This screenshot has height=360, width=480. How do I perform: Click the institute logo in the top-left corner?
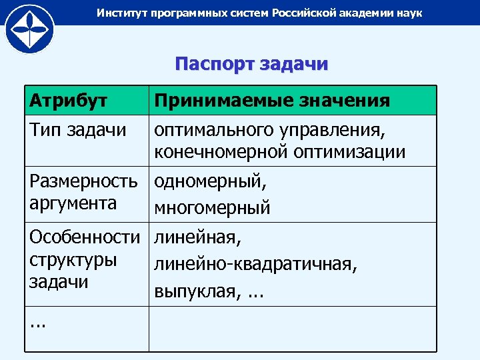(x=28, y=28)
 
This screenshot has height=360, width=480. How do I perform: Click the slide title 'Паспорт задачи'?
(x=251, y=64)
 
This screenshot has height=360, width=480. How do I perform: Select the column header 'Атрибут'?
(x=69, y=101)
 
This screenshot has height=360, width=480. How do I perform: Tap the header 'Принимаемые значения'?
(x=272, y=101)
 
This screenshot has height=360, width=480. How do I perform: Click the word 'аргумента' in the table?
(x=73, y=203)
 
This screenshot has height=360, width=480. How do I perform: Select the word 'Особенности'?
(x=85, y=238)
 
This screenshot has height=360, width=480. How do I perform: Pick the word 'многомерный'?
(x=212, y=208)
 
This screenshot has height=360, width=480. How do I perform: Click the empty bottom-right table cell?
(x=292, y=329)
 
